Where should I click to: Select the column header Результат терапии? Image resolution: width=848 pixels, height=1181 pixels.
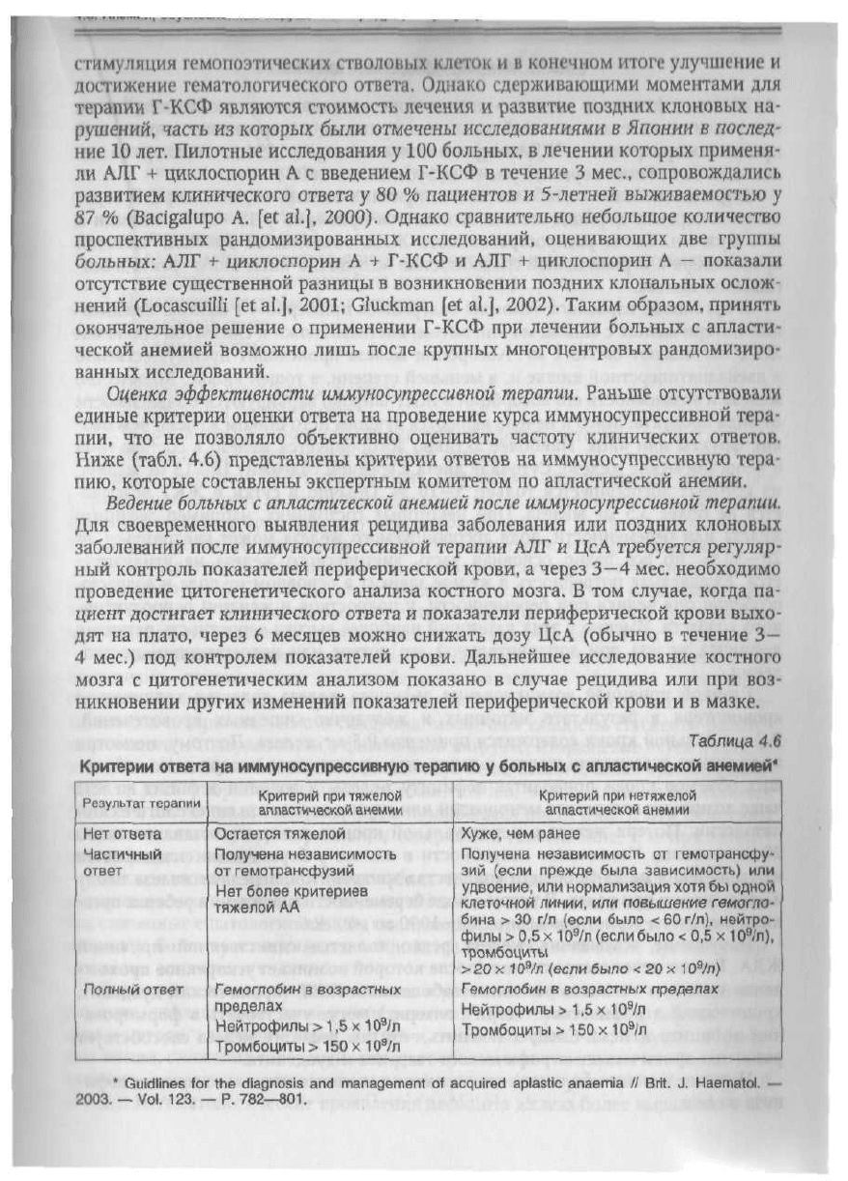pos(141,803)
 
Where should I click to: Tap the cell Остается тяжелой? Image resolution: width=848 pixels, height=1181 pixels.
pos(274,833)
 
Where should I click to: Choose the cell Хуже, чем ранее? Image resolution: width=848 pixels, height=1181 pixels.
pos(520,833)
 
